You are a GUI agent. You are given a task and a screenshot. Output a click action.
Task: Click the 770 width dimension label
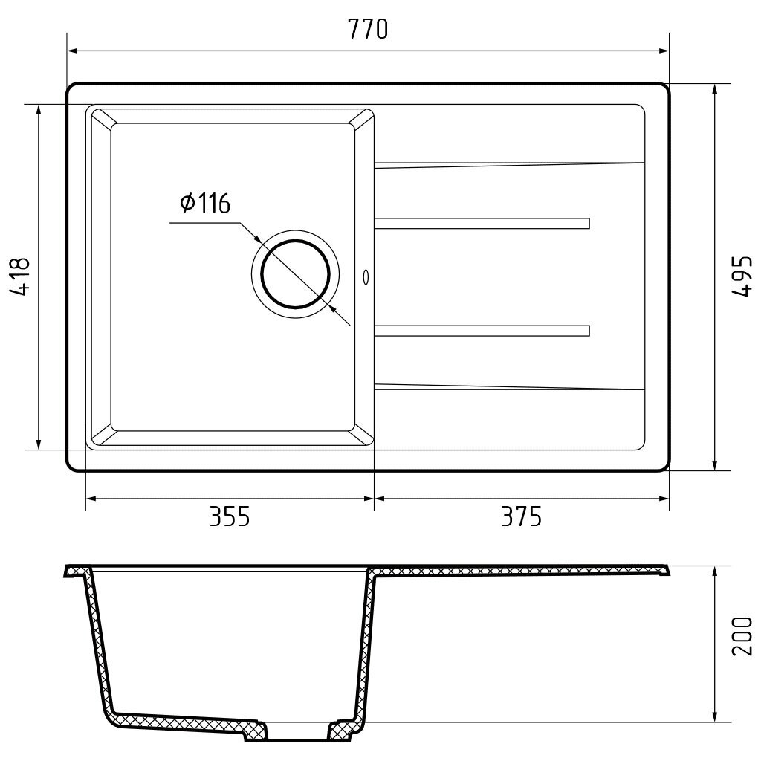point(368,29)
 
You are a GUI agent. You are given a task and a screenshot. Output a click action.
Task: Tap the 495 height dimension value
point(742,276)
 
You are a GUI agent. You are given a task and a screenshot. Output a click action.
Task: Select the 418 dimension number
point(20,276)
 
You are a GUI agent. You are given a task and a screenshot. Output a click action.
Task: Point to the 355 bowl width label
point(230,517)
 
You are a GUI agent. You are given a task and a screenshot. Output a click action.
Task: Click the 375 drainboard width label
point(521,517)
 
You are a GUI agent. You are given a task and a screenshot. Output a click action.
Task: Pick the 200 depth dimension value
point(742,636)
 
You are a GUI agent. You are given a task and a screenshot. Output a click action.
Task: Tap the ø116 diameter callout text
point(205,203)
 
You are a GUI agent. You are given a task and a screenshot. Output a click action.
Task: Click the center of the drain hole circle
point(296,274)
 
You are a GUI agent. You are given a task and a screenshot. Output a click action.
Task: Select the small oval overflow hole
point(366,277)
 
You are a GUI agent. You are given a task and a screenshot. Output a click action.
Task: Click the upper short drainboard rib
point(482,223)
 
